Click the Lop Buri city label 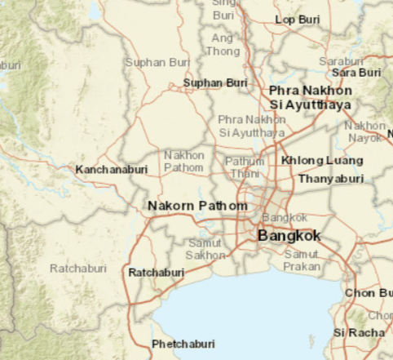(297, 19)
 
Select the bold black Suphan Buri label (215, 82)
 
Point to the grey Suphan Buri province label (157, 62)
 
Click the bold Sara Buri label (357, 72)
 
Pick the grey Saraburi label (341, 60)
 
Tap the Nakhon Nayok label (364, 131)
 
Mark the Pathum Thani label (245, 167)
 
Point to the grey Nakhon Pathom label (184, 161)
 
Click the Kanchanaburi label (112, 170)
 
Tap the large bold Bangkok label (289, 236)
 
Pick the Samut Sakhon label (205, 249)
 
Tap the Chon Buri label (369, 293)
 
